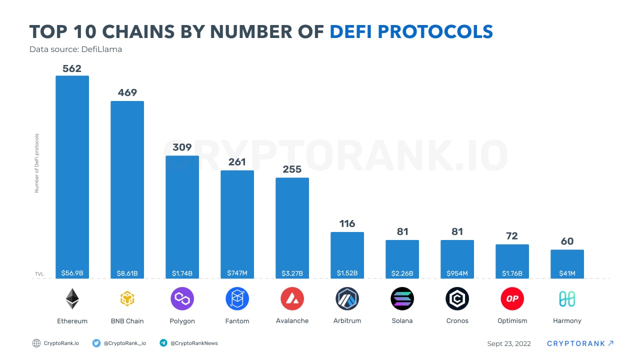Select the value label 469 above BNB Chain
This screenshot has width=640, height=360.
(127, 92)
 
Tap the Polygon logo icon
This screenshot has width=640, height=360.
(182, 299)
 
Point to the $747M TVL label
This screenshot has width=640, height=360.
(237, 273)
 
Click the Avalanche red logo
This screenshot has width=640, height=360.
(292, 299)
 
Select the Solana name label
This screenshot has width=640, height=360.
(402, 320)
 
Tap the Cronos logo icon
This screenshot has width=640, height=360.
(457, 299)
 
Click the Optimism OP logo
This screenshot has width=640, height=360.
(512, 299)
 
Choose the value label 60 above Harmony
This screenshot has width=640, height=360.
(567, 241)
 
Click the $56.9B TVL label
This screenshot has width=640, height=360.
(72, 273)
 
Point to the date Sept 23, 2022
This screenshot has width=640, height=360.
(509, 343)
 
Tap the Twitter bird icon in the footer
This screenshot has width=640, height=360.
(96, 343)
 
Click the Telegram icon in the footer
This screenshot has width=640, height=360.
(163, 343)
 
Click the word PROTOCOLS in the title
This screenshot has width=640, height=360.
(435, 31)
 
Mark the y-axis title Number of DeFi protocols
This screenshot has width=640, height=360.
(36, 163)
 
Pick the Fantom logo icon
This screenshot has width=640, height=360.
(237, 299)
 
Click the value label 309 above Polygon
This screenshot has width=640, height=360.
(182, 147)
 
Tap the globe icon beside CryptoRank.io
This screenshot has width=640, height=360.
(36, 343)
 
